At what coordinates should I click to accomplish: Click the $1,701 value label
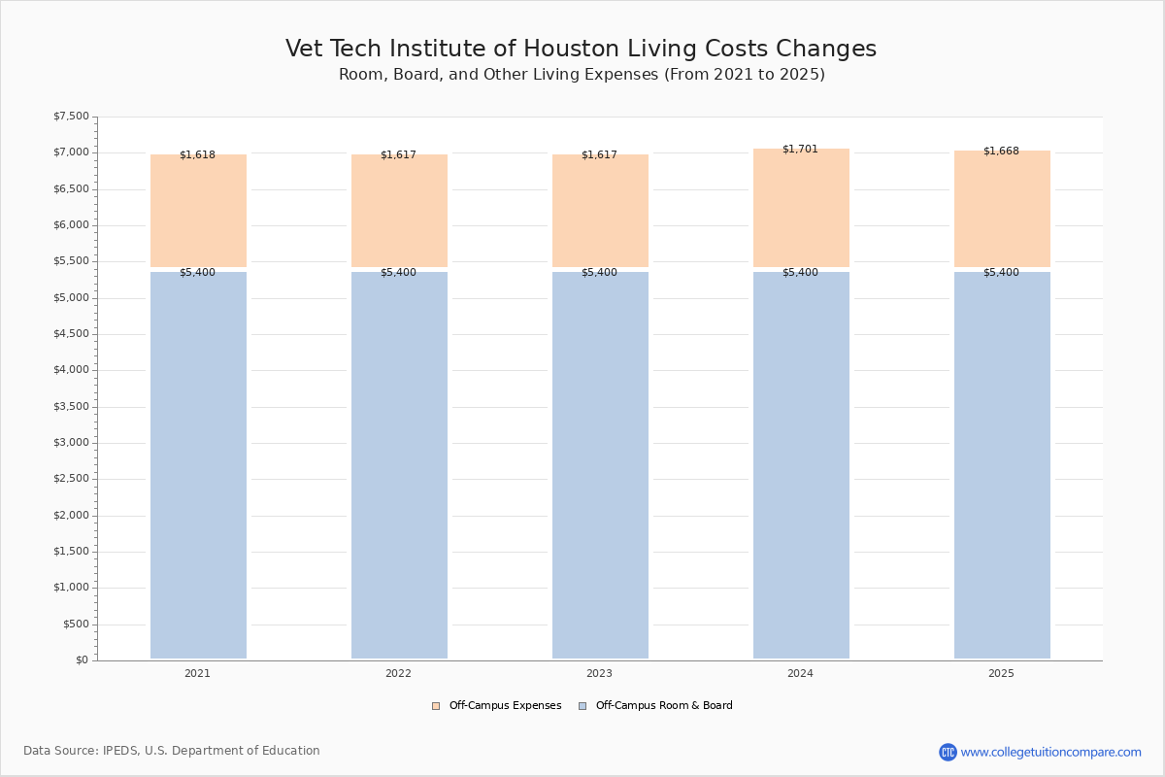pos(800,150)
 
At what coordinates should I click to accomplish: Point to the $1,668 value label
pos(1001,152)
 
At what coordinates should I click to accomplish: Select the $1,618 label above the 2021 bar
pos(197,155)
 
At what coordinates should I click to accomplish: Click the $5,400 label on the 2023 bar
pos(599,273)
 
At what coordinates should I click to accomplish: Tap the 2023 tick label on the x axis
pos(599,674)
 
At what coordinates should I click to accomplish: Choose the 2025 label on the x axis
pos(1001,674)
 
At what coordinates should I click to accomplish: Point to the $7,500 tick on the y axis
pos(71,117)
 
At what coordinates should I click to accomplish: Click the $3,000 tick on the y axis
pos(71,443)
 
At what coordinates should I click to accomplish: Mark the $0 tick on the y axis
pos(82,660)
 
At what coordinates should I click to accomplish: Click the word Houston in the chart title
pos(638,50)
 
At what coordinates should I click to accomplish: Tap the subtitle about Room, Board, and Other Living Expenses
pos(582,75)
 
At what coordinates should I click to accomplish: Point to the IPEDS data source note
pos(172,751)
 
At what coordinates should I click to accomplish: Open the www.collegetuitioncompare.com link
pos(1050,753)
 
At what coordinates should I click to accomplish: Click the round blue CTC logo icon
pos(948,753)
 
